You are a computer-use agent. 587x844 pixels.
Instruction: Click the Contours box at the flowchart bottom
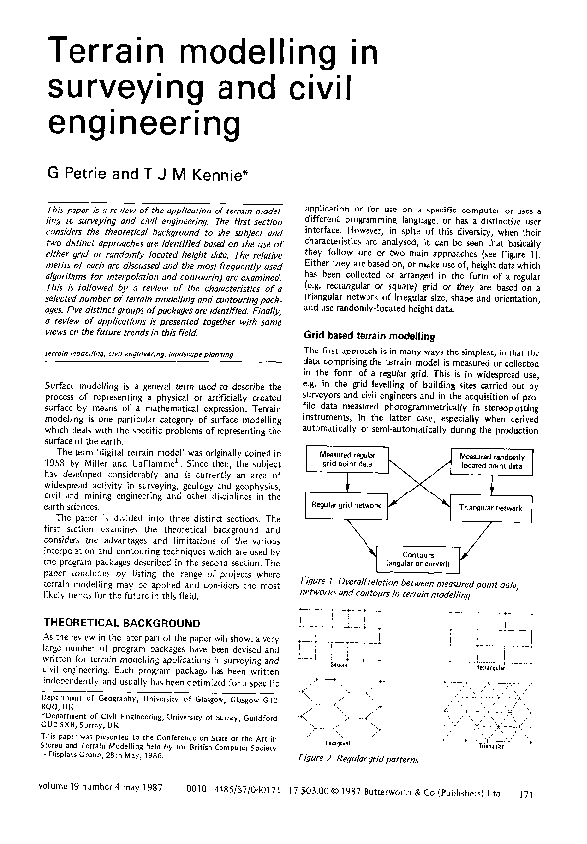[422, 559]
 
